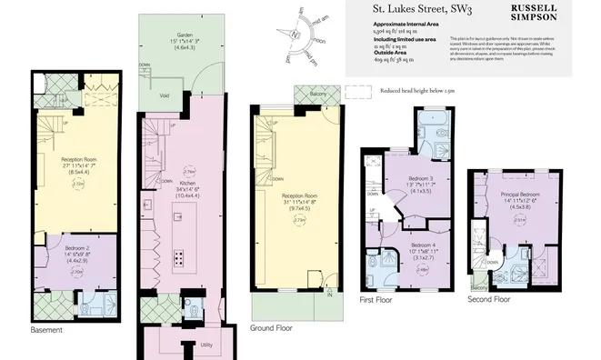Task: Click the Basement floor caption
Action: pyautogui.click(x=45, y=330)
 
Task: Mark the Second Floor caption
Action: pyautogui.click(x=490, y=298)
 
